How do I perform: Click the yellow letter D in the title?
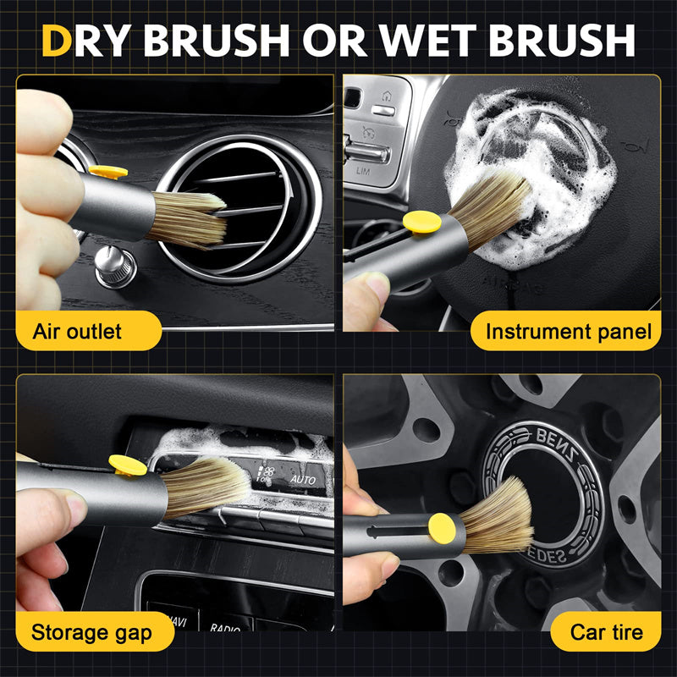tap(56, 40)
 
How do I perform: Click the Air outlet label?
tap(77, 331)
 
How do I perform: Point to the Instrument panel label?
tap(569, 331)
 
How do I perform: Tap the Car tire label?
tap(606, 631)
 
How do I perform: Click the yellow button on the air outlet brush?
tap(108, 173)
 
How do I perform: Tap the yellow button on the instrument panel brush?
tap(421, 223)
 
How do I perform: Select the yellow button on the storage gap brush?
tap(128, 465)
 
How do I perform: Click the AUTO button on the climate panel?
tap(302, 479)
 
